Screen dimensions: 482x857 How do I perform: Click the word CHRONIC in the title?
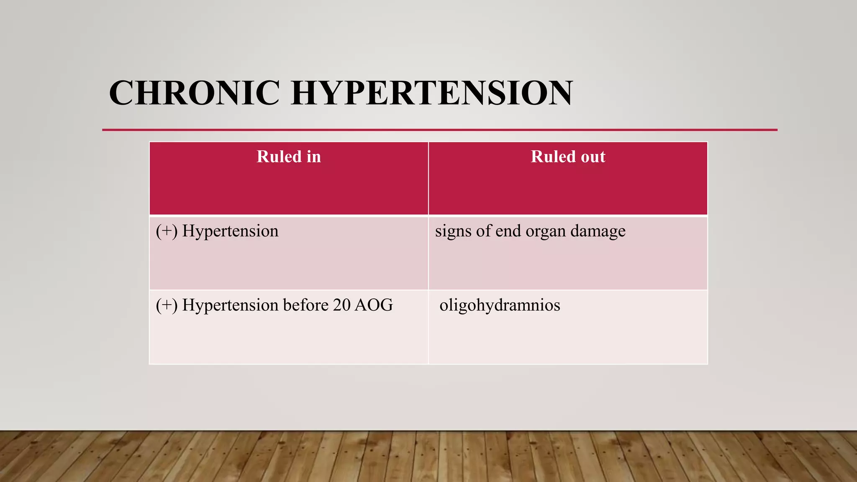tap(194, 93)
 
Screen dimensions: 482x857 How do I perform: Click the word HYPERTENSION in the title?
tap(431, 93)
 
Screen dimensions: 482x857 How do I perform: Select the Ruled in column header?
tap(289, 157)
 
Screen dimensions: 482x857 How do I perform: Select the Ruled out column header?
tap(568, 157)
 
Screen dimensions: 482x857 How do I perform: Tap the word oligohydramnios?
tap(500, 305)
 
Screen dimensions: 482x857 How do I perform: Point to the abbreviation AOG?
tap(373, 305)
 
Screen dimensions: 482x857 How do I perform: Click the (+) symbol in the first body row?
tap(167, 231)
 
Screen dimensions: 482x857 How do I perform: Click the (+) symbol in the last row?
tap(167, 305)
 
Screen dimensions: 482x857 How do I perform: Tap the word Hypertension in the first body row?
tap(230, 231)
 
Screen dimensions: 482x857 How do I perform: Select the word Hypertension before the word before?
tap(230, 305)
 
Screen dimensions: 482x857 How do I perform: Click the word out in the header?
tap(593, 157)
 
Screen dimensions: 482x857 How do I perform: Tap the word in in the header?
tap(313, 157)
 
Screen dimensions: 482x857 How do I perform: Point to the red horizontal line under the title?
tap(439, 130)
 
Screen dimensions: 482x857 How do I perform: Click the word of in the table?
tap(483, 231)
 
